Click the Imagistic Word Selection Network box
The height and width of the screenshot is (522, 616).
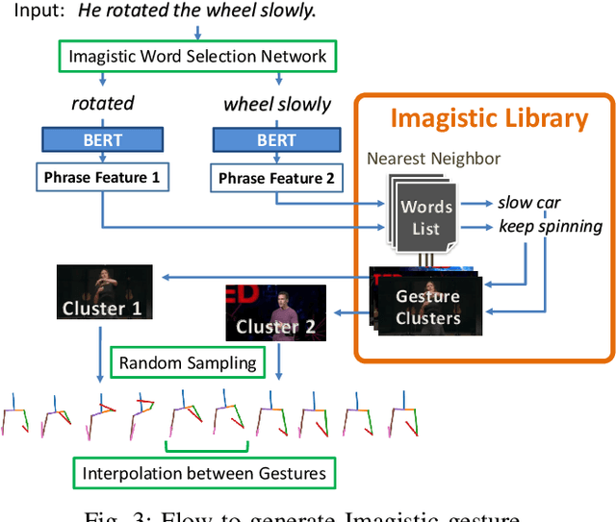coord(197,57)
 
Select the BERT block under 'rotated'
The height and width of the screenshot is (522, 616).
coord(102,140)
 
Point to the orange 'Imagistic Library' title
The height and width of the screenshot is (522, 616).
coord(489,118)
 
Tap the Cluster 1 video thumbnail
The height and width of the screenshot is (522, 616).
coord(102,294)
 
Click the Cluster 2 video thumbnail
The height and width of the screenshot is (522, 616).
coord(275,312)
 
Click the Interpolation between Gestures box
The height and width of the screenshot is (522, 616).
coord(203,472)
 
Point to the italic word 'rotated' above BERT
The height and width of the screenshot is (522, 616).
coord(102,103)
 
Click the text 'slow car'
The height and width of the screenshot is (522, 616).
coord(529,203)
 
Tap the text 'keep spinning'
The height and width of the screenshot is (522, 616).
coord(551,227)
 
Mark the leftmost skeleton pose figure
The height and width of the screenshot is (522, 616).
coord(16,415)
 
